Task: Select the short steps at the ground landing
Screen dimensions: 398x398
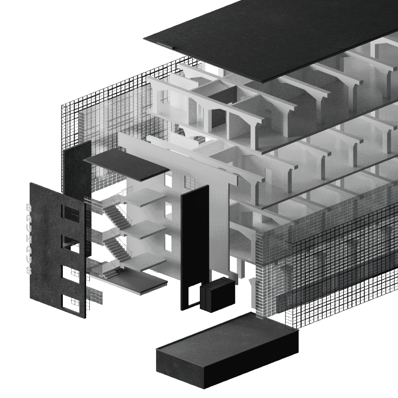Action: [x=111, y=274]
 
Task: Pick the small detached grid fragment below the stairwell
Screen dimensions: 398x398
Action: [x=95, y=296]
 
